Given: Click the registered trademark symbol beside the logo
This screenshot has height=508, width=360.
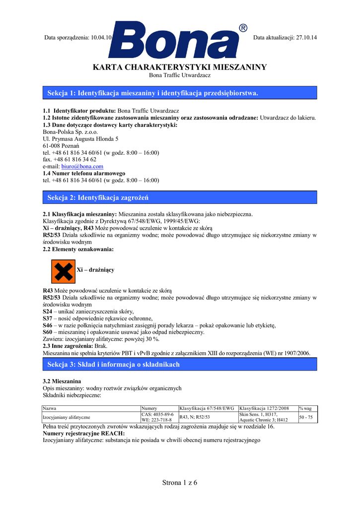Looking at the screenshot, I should click(x=243, y=28).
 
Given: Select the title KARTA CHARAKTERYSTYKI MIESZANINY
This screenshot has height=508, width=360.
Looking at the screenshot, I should click(x=180, y=67).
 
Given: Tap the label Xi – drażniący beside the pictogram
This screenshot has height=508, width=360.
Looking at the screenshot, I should click(x=95, y=270).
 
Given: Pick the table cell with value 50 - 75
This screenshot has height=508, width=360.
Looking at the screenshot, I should click(x=306, y=417).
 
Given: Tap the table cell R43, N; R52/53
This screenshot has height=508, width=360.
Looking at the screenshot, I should click(x=195, y=417).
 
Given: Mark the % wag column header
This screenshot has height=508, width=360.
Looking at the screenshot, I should click(x=305, y=408).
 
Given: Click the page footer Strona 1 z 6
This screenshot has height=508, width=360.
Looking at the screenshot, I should click(x=180, y=483).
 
